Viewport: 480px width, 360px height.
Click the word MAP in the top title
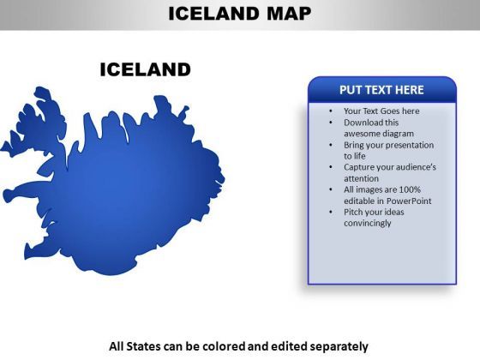tap(289, 14)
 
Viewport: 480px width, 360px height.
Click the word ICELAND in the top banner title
tap(213, 14)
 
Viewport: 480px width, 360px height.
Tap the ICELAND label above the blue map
tap(146, 69)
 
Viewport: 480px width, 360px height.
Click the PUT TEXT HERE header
tap(381, 90)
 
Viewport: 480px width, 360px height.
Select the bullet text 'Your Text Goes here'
tap(381, 111)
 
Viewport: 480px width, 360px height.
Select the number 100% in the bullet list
tap(410, 189)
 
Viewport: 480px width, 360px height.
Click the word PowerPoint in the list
tap(409, 201)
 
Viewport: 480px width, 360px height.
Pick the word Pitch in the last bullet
tap(352, 212)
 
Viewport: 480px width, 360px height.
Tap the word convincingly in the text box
tap(368, 223)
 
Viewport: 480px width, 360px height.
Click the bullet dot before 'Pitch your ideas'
tap(331, 212)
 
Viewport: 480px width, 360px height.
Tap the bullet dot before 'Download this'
tap(331, 123)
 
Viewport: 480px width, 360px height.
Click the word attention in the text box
tap(361, 178)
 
